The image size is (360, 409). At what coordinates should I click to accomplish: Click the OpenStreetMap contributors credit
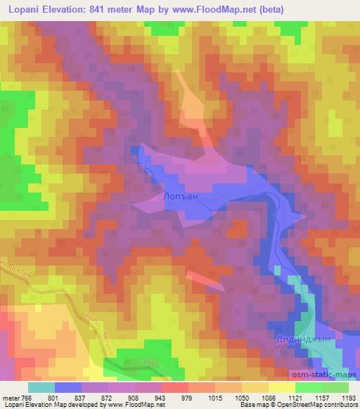click(319, 405)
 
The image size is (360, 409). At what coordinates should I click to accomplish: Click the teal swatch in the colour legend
click(41, 387)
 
